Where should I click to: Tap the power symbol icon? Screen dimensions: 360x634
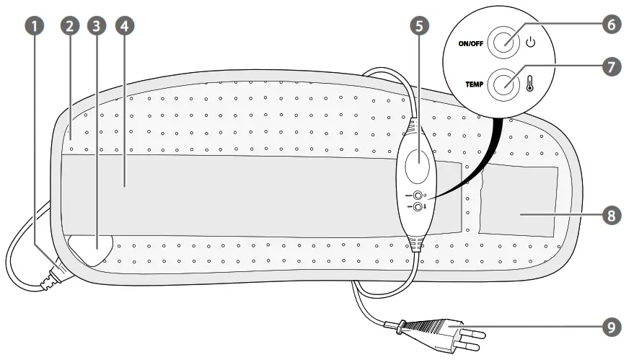[x=531, y=42]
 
